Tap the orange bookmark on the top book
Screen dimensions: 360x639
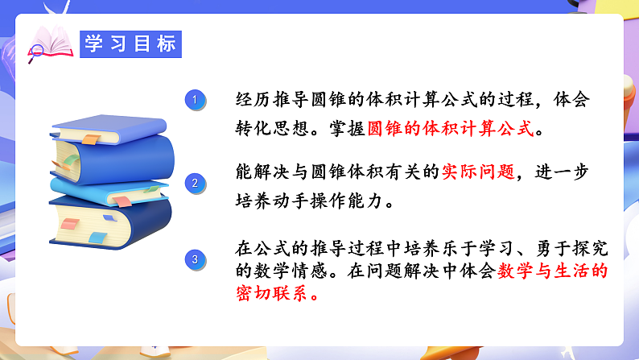click(x=90, y=141)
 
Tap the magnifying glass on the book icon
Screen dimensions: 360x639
click(x=36, y=53)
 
